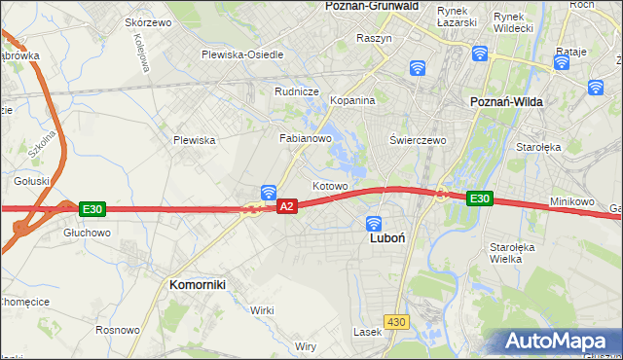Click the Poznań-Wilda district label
click(506, 102)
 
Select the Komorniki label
click(198, 284)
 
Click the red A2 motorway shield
click(286, 206)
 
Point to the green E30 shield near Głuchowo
click(92, 209)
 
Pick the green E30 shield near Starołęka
click(479, 198)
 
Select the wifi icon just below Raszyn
click(417, 67)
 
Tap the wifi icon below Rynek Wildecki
click(479, 54)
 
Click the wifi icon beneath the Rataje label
click(561, 63)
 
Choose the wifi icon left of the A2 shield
click(268, 192)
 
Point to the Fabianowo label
click(307, 139)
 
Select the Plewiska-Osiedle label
click(242, 54)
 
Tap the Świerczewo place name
click(418, 140)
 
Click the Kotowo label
click(329, 185)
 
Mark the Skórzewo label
click(149, 21)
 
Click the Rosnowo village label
click(117, 330)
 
